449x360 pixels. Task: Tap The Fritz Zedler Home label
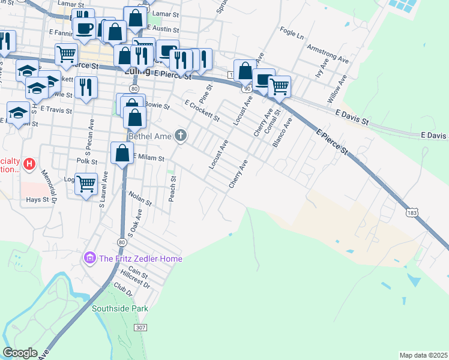(140, 259)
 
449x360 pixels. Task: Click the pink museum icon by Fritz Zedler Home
(91, 259)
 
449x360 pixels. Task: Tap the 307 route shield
(140, 328)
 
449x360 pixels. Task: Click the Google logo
(20, 353)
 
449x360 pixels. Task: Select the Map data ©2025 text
(423, 355)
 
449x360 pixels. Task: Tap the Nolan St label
(140, 197)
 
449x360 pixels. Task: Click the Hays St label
(37, 199)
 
